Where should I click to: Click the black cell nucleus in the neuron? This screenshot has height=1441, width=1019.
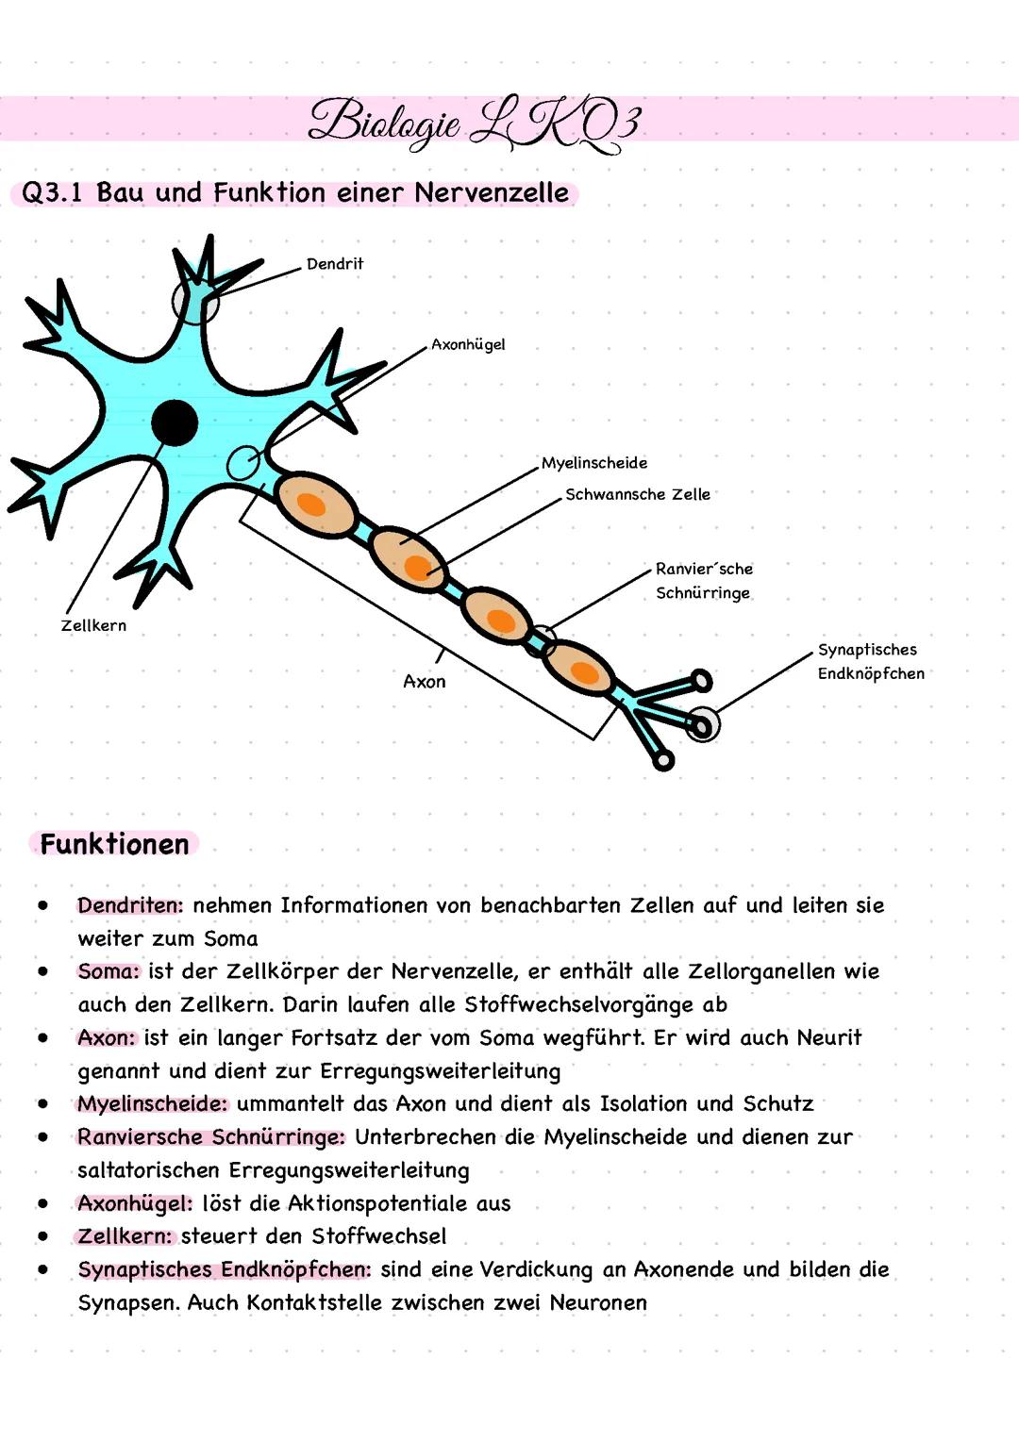pos(175,422)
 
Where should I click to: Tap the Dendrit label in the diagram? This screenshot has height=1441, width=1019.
pos(334,264)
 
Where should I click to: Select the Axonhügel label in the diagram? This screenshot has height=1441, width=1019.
pos(468,344)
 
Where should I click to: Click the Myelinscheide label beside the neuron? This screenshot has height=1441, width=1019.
pos(593,463)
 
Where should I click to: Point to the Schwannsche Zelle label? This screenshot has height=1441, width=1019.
pos(637,494)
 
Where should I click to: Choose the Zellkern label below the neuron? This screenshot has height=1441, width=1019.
pos(93,625)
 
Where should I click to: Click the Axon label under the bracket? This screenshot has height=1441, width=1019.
pos(424,681)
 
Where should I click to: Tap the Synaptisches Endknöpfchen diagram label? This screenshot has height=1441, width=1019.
pos(870,661)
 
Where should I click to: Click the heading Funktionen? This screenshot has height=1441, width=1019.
pos(114,844)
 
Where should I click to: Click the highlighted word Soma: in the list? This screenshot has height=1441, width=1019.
pos(109,971)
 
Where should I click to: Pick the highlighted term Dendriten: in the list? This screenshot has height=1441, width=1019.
pos(130,905)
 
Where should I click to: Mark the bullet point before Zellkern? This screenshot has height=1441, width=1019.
pos(43,1235)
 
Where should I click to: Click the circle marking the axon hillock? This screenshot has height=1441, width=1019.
pos(243,464)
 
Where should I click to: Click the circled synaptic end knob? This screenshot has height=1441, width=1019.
pos(702,724)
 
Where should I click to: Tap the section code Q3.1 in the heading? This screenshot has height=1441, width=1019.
pos(52,193)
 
